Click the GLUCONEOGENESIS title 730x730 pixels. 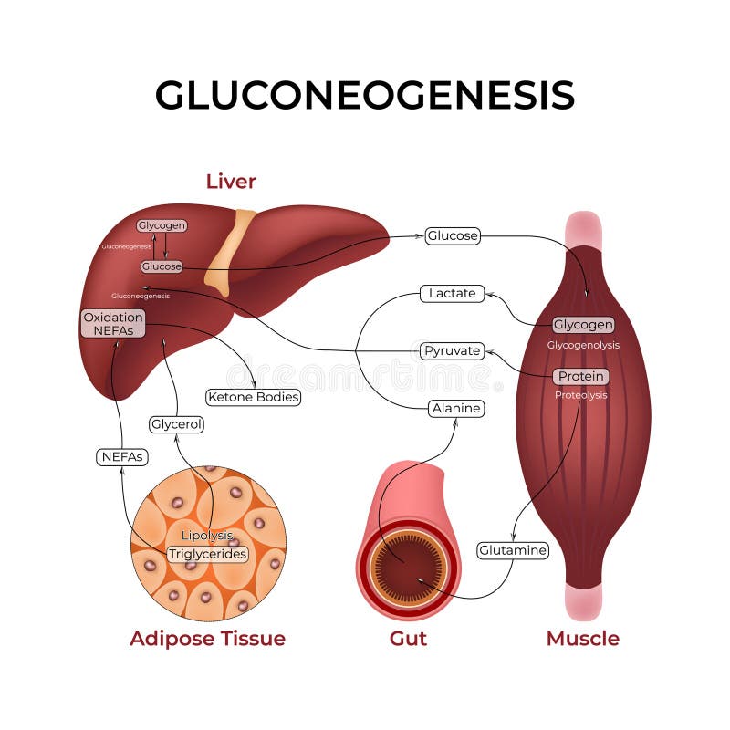364,95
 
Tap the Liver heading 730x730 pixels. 231,181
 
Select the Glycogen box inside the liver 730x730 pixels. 162,225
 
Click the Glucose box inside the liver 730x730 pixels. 162,266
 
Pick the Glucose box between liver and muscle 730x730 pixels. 452,235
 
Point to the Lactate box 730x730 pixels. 452,293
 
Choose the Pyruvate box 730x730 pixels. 451,350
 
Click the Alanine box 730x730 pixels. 455,409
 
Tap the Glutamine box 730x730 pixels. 513,550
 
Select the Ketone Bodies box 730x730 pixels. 254,397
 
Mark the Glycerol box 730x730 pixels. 176,424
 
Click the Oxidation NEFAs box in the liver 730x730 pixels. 113,324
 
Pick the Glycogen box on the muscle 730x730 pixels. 583,325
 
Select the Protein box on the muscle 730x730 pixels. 580,376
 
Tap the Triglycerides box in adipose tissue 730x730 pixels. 208,554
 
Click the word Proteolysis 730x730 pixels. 580,395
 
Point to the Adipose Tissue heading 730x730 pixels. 207,638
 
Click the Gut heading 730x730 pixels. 408,638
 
